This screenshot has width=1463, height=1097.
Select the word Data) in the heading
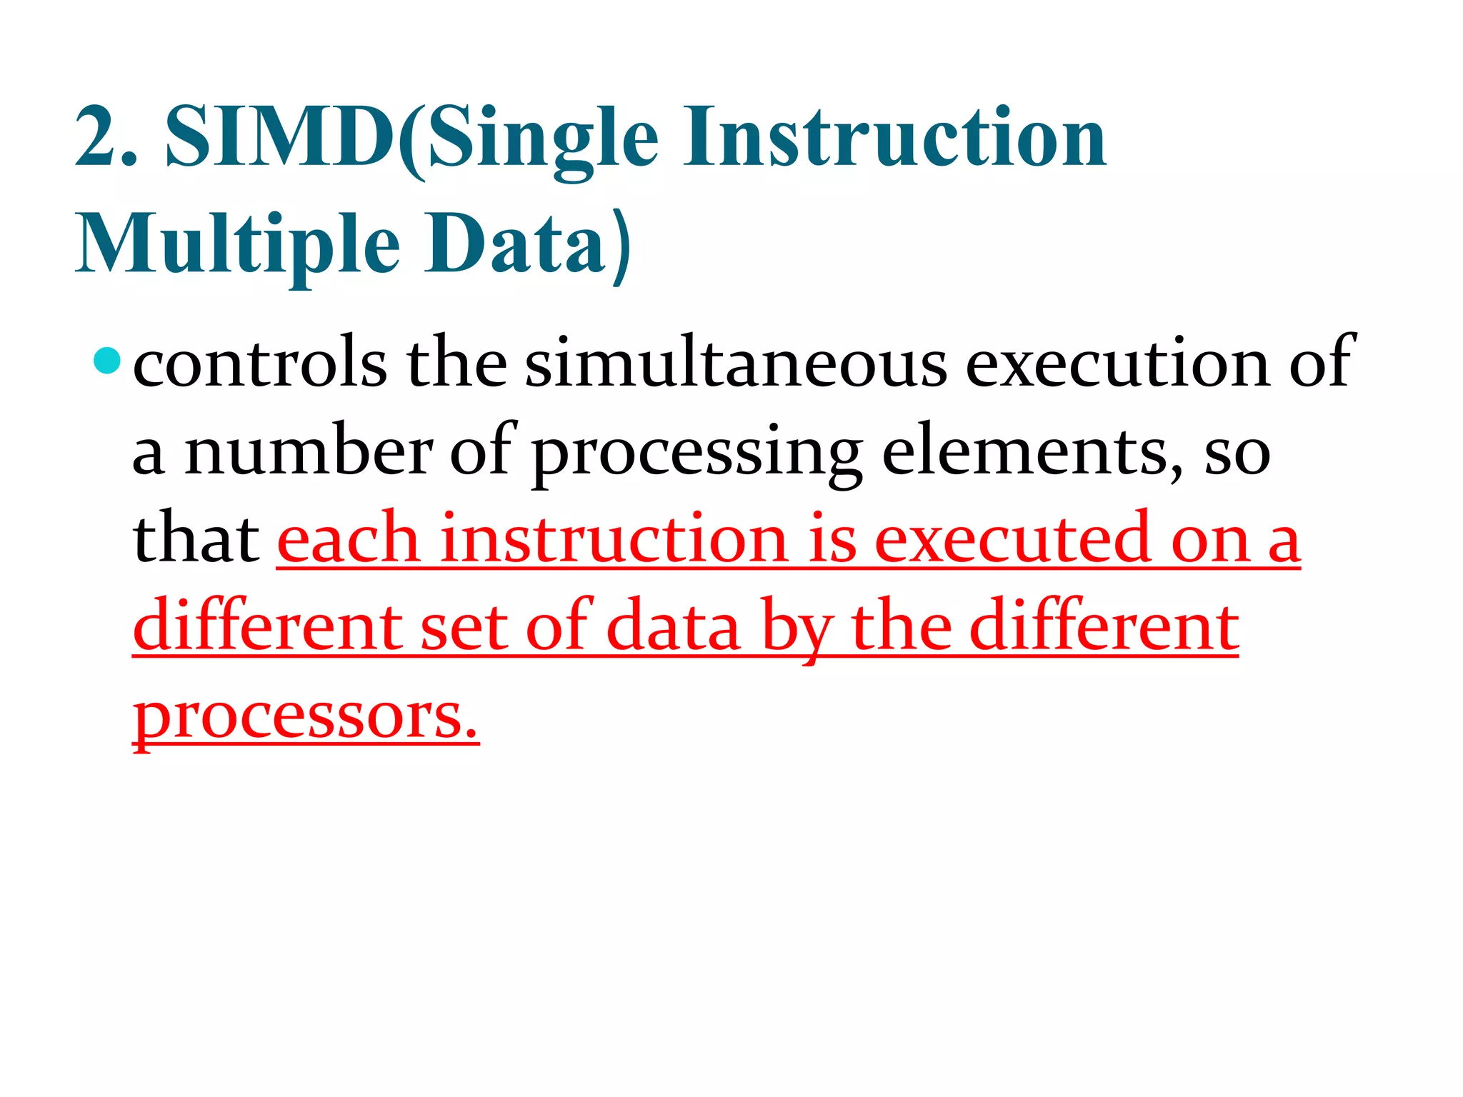coord(529,244)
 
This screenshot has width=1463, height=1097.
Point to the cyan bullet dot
coord(107,360)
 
